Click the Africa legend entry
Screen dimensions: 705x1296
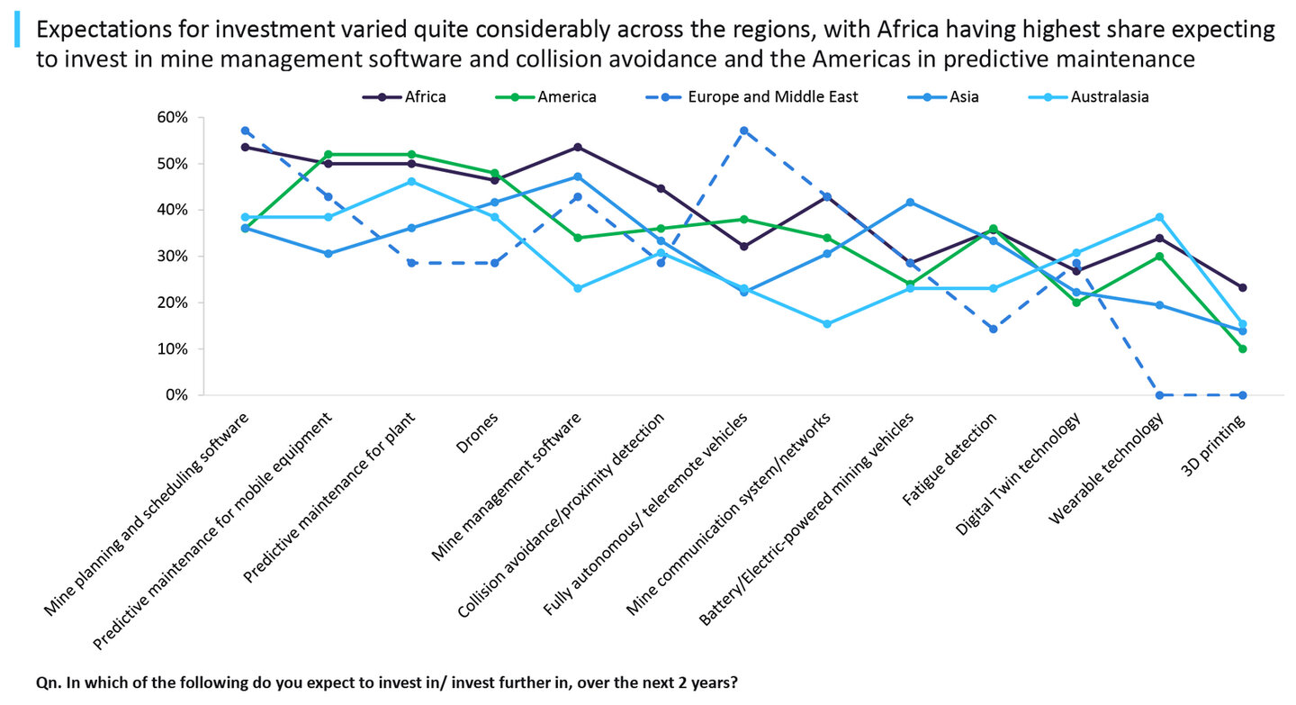(x=424, y=96)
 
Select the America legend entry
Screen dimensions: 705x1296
(x=566, y=96)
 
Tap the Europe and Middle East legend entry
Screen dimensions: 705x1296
(x=772, y=96)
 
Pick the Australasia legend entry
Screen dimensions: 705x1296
(x=1109, y=96)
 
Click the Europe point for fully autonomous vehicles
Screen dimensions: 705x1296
(x=743, y=131)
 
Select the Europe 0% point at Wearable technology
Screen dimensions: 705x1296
(x=1159, y=395)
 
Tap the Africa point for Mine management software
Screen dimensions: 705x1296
(x=578, y=147)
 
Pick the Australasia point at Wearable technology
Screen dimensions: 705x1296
(x=1159, y=217)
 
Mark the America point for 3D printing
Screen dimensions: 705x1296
(x=1242, y=348)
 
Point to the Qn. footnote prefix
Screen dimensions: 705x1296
(x=49, y=682)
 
